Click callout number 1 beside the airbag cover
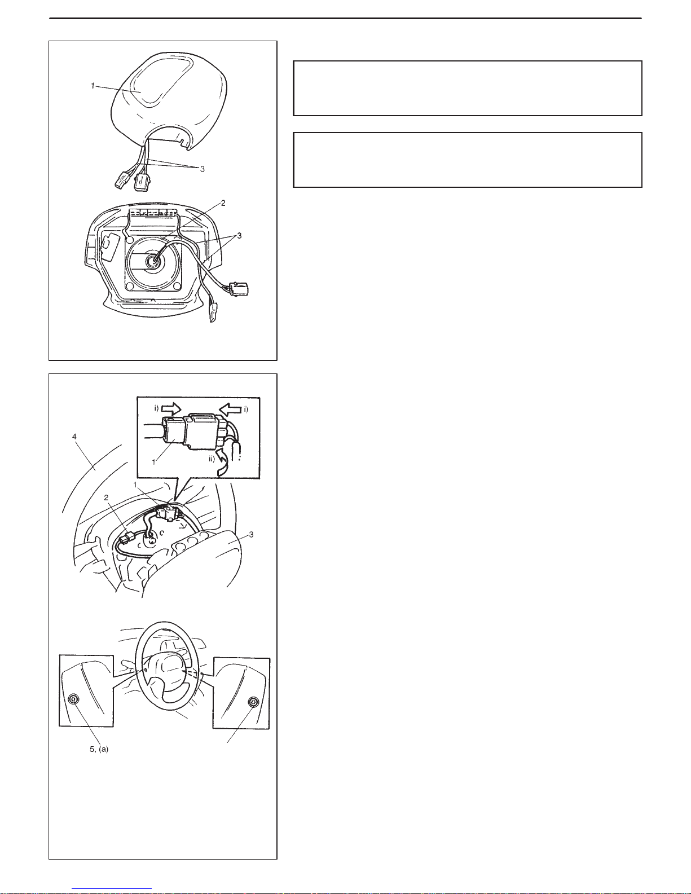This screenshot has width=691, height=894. click(93, 86)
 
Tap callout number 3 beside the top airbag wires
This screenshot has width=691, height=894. click(203, 169)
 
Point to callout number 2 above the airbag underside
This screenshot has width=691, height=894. click(223, 203)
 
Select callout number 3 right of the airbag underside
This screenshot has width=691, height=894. click(239, 236)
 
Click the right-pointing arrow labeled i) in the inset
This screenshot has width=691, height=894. click(171, 408)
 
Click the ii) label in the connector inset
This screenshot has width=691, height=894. click(212, 459)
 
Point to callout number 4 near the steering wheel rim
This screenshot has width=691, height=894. click(74, 437)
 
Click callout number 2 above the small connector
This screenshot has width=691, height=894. click(106, 497)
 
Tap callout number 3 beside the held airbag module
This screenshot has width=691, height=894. click(252, 535)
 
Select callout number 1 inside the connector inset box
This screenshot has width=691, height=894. click(154, 462)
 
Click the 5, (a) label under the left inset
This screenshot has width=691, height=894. click(99, 749)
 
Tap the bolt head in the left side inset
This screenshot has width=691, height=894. click(74, 699)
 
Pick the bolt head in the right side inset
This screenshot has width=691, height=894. click(252, 703)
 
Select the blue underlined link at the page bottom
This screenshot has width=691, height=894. click(112, 888)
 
